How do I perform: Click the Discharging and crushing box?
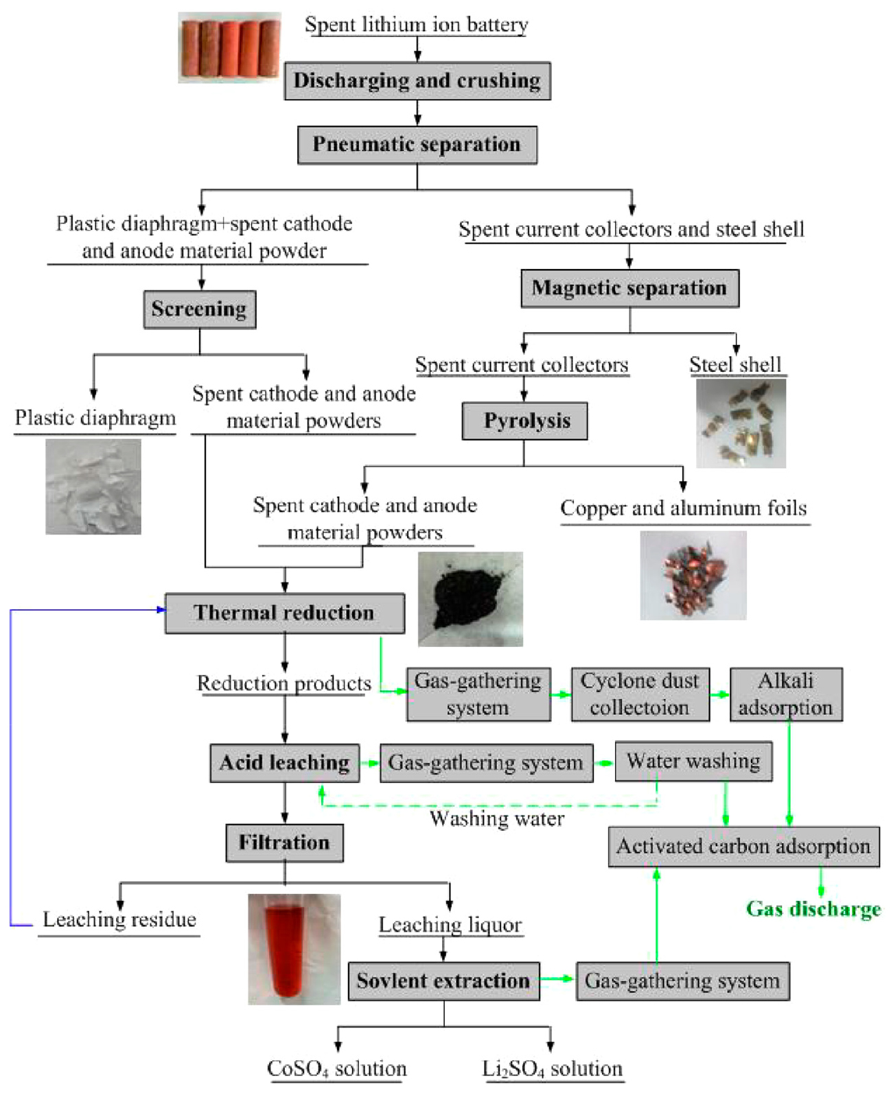417,81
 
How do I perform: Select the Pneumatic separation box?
417,145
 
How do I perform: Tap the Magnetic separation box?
629,288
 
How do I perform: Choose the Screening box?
199,309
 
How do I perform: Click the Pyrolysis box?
525,421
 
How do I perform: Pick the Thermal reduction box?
284,613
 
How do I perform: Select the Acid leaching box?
284,763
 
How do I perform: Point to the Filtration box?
284,843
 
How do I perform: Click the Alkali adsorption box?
786,694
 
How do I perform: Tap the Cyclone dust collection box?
640,694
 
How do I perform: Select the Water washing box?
693,761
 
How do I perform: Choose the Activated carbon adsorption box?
743,847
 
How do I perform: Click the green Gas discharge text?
813,910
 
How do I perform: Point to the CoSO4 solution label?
336,1069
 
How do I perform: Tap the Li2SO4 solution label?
553,1069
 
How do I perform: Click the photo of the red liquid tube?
294,949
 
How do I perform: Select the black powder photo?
470,599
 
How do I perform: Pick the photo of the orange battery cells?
229,47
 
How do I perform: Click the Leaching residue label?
119,920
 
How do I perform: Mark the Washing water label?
497,819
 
